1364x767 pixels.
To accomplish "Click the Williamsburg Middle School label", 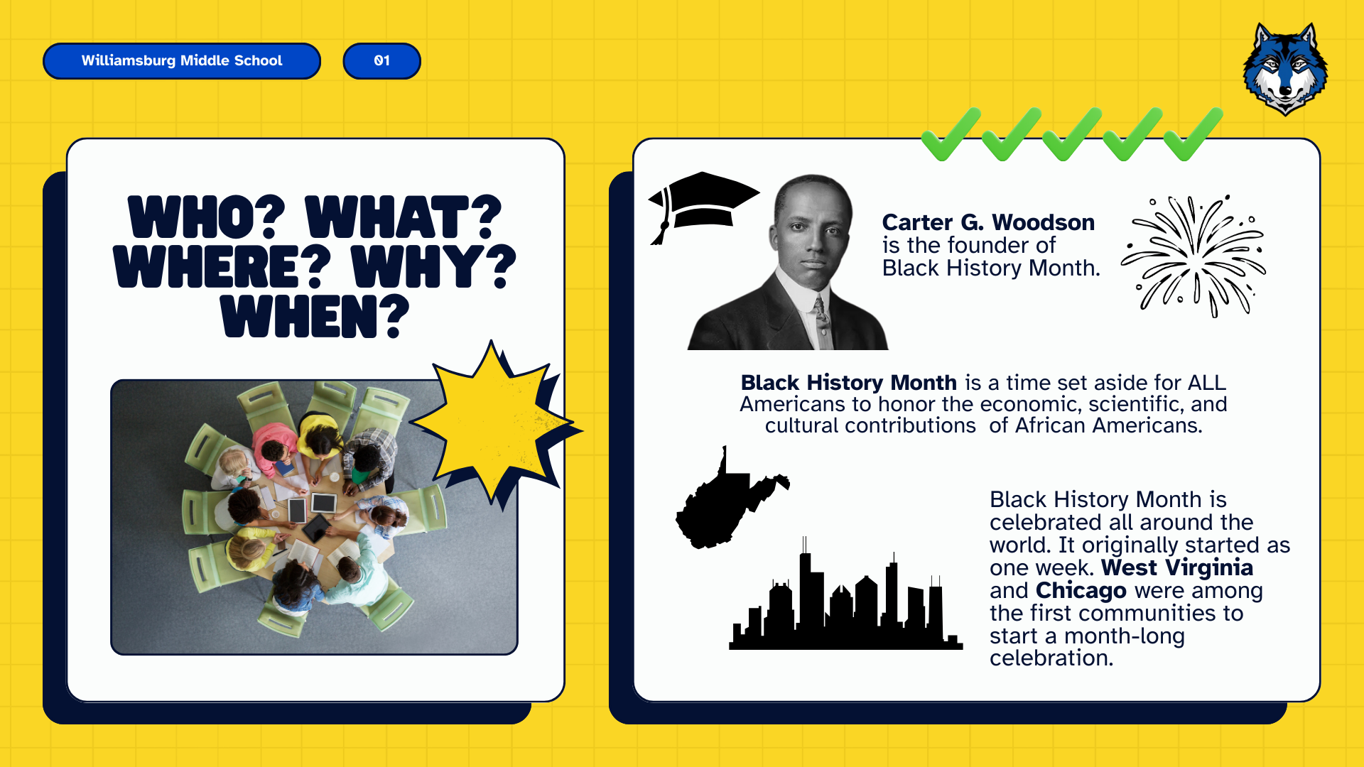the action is tap(182, 61).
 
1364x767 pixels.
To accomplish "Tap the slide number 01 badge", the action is tap(382, 61).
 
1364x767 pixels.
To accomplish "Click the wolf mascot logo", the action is tap(1285, 69).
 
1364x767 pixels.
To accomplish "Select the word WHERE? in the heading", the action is tap(222, 266).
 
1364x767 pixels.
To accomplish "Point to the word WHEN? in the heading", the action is tap(315, 316).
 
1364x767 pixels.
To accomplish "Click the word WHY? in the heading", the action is tap(433, 266).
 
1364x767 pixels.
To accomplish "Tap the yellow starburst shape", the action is tap(497, 424).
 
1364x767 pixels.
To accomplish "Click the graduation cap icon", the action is tap(703, 206).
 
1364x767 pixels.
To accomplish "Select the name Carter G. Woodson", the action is tap(988, 222).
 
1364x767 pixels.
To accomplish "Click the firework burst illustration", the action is tap(1193, 256).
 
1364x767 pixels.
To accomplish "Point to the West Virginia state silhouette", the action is tap(728, 501).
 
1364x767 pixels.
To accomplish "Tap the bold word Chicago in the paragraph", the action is tap(1081, 590).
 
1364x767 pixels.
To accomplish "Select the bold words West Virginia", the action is tap(1177, 567).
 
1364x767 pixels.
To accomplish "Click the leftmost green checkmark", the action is tap(951, 134).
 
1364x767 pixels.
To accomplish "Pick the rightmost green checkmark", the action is tap(1193, 134).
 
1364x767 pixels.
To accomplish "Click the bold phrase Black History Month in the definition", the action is tap(849, 383).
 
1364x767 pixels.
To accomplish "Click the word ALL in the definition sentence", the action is tap(1207, 383).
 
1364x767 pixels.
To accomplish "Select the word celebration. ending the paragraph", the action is tap(1051, 658).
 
